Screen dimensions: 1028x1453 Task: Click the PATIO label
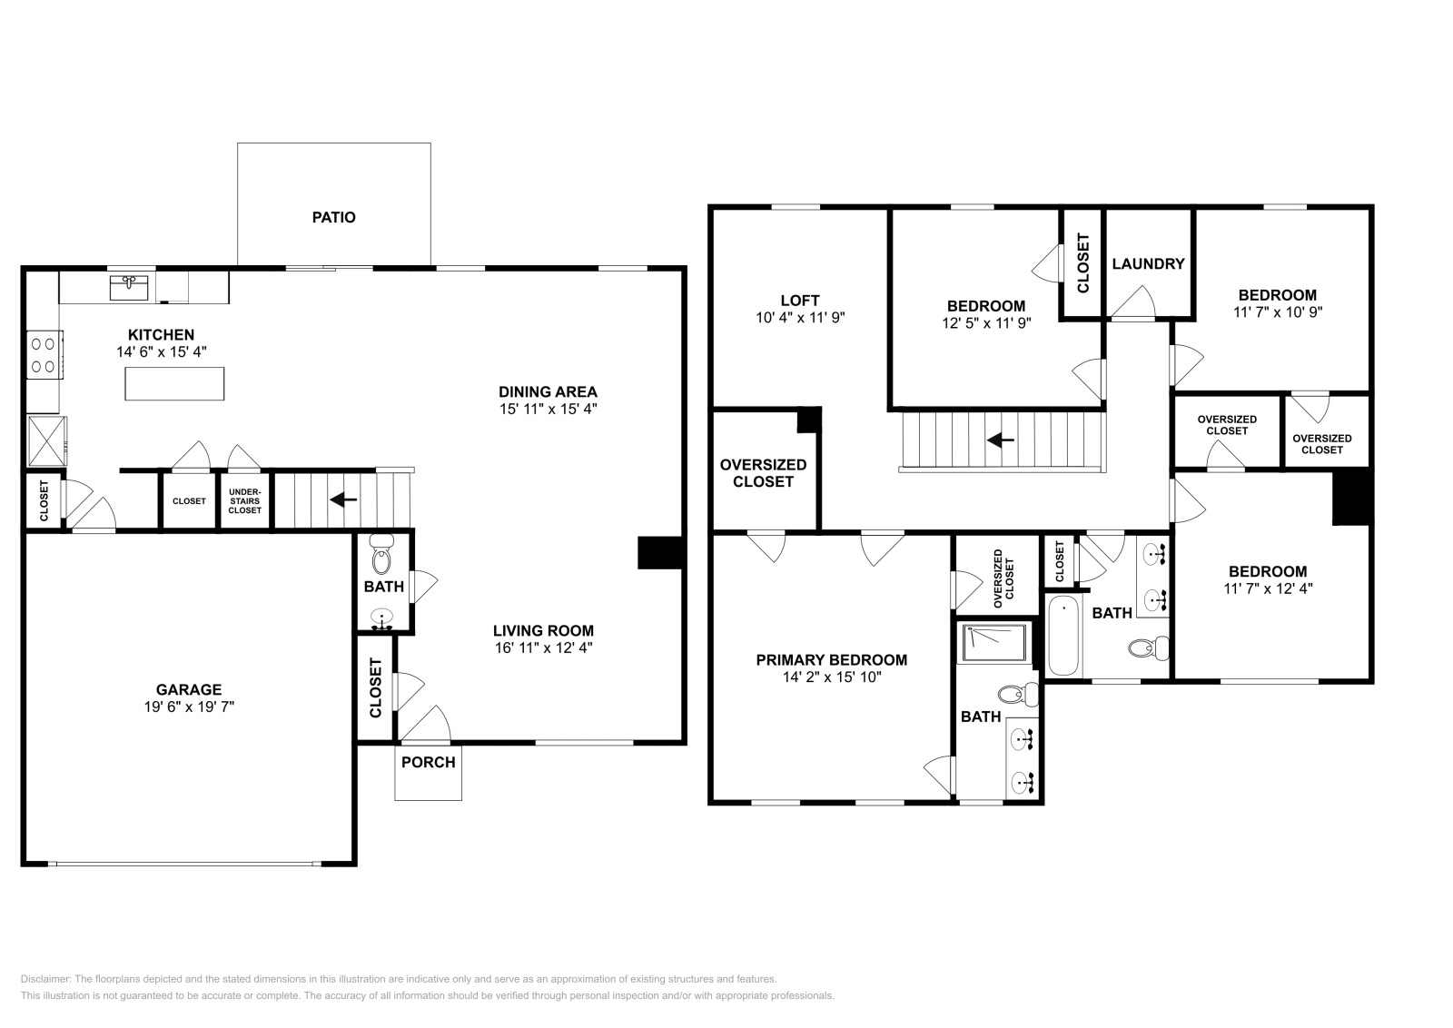[x=333, y=217]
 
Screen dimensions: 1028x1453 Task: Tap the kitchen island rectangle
[x=174, y=383]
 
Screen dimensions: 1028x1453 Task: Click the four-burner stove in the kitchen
[x=44, y=355]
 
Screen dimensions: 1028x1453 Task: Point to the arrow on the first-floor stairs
[x=342, y=499]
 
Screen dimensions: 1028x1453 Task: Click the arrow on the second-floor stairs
[x=1000, y=440]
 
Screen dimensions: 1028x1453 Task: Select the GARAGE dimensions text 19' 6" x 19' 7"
[x=189, y=707]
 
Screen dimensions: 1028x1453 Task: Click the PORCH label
[x=428, y=762]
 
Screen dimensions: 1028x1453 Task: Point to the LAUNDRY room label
[x=1148, y=263]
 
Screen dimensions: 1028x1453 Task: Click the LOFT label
[x=799, y=300]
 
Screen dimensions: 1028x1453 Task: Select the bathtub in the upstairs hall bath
[x=1063, y=635]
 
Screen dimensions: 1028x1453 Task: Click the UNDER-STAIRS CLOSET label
[x=245, y=500]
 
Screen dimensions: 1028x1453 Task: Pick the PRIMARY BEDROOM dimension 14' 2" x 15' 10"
[x=831, y=677]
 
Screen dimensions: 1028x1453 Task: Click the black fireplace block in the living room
[x=660, y=552]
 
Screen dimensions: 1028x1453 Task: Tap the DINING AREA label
[x=548, y=392]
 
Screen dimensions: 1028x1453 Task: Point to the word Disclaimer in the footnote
[x=44, y=979]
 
